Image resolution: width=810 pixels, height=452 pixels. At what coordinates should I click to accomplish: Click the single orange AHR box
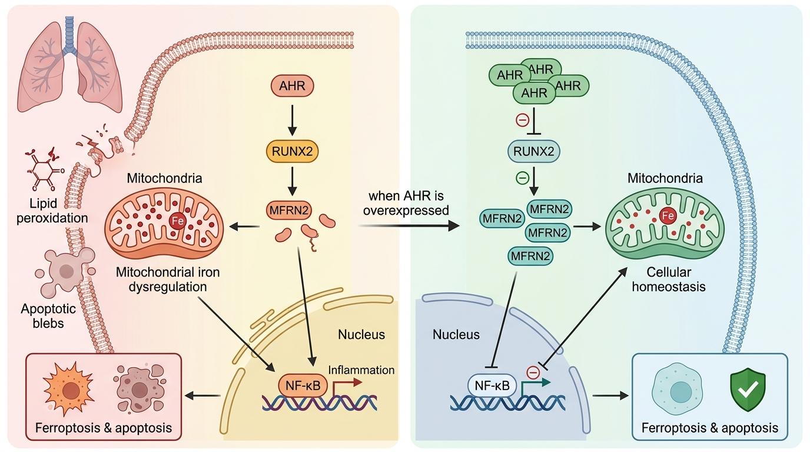coord(293,86)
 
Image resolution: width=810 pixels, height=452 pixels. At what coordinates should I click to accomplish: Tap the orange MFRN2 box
coord(293,210)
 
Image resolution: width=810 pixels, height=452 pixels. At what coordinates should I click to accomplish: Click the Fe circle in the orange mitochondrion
coord(176,221)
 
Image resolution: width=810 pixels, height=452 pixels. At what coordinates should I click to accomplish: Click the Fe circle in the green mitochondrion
coord(668,216)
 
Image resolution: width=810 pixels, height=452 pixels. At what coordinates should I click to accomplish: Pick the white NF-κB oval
coord(492,386)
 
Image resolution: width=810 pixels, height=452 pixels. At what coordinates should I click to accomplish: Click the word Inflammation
coord(361,370)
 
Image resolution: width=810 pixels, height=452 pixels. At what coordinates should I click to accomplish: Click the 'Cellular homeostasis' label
coord(668,280)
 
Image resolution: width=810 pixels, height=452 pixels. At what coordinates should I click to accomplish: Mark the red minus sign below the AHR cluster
coord(522,120)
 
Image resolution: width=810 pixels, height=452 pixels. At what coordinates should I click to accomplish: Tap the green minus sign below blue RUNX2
coord(521,176)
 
